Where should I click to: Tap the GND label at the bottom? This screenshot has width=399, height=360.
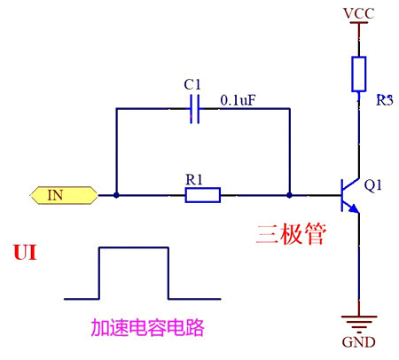[357, 342]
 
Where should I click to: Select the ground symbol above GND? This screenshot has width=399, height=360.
[357, 322]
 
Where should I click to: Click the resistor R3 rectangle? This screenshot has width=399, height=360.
[357, 74]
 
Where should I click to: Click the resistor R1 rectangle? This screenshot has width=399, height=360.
[202, 194]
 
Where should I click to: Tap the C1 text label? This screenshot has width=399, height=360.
[192, 84]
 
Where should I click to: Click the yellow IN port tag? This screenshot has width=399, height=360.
[63, 194]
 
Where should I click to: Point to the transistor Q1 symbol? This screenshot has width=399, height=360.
[349, 194]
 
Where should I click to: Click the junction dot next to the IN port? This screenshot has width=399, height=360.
[116, 194]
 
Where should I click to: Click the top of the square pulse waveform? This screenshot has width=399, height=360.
[133, 249]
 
